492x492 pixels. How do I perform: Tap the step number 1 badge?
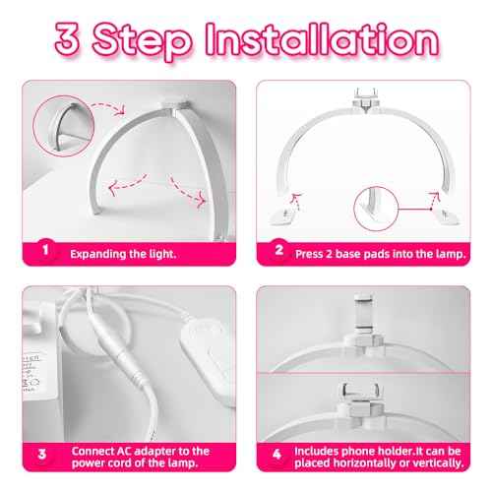[x=43, y=251]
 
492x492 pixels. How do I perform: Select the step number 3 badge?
[x=43, y=455]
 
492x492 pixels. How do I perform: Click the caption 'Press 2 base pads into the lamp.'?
[x=371, y=252]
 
